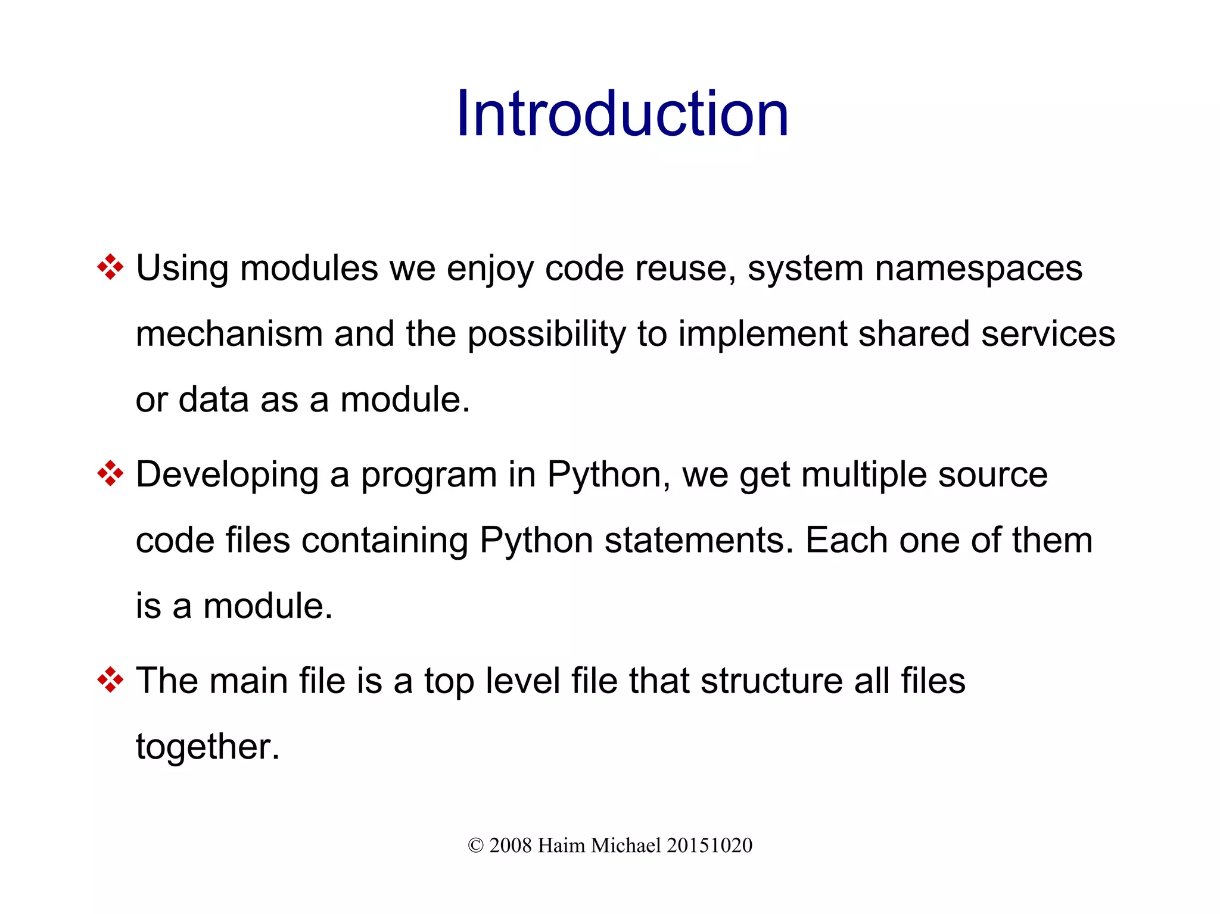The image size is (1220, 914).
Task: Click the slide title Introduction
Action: (x=622, y=114)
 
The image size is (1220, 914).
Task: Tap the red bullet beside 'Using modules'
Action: (x=110, y=267)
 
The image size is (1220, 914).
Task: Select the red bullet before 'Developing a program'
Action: (x=110, y=474)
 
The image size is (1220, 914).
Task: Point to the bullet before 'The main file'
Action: (x=110, y=680)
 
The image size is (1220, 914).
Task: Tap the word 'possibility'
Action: (x=546, y=335)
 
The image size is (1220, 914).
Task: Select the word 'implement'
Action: (x=762, y=335)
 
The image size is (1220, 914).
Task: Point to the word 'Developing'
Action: (x=227, y=476)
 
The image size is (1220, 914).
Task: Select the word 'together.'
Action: (x=207, y=747)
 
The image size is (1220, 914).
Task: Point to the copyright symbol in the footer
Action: (x=475, y=846)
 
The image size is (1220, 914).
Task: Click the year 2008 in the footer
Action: (x=510, y=846)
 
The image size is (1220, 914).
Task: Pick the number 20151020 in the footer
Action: (x=709, y=846)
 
